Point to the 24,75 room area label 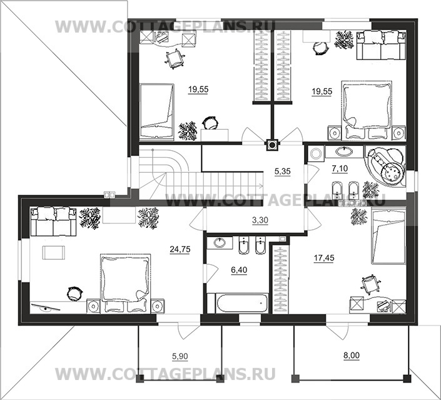(180, 249)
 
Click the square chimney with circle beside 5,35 (272, 144)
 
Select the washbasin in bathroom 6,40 (220, 243)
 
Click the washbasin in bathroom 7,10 (345, 151)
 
